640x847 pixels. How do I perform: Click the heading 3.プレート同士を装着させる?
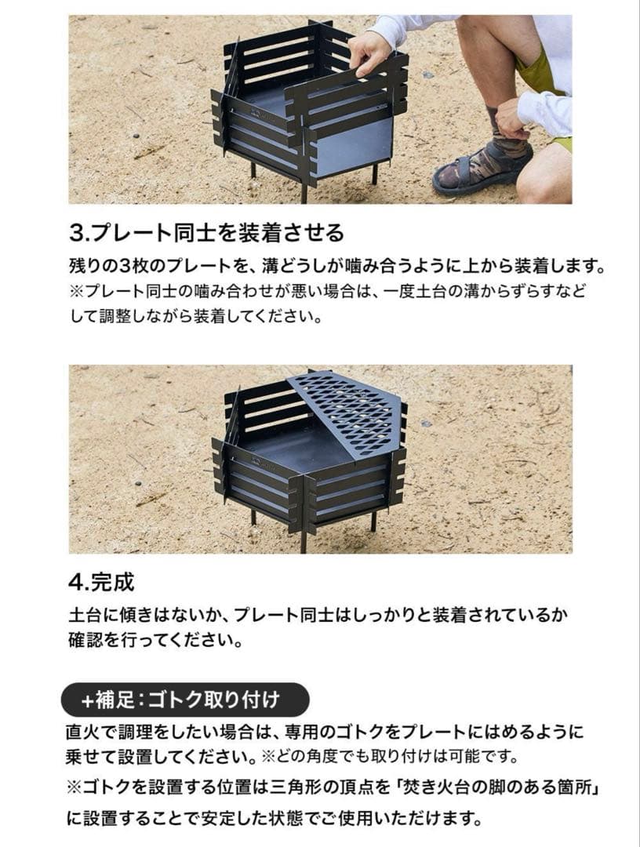click(x=207, y=233)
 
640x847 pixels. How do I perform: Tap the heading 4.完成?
click(x=101, y=582)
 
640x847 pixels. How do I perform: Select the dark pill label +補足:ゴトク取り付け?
click(x=185, y=700)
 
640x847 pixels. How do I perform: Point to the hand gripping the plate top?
click(x=368, y=52)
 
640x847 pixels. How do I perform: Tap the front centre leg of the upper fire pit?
click(x=304, y=190)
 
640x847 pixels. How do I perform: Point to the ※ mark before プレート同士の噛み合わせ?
click(x=77, y=292)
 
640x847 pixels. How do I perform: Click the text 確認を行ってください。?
click(x=155, y=640)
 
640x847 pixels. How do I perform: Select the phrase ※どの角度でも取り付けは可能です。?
click(x=389, y=756)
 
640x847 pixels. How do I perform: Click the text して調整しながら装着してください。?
click(x=197, y=316)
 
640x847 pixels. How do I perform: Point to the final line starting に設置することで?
click(x=275, y=818)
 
